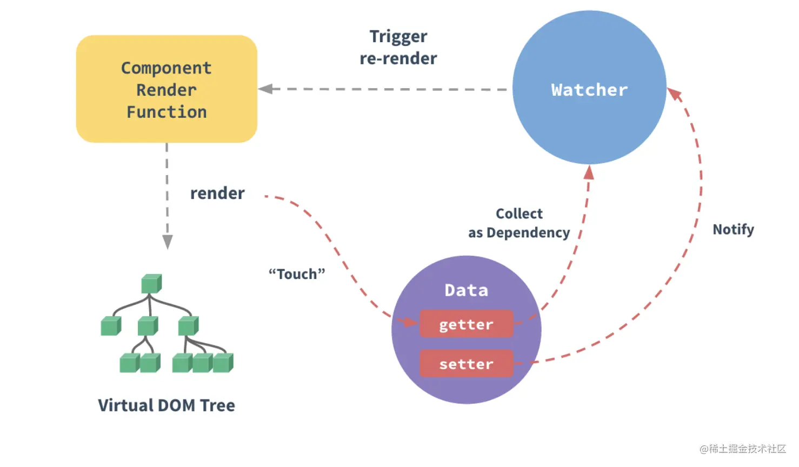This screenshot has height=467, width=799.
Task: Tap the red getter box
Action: pos(466,324)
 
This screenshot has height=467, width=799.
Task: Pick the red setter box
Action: pos(466,364)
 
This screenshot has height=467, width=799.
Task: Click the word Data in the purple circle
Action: pos(466,290)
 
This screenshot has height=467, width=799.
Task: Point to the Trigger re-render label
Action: pos(398,47)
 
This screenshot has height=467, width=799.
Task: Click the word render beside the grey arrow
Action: pos(217,193)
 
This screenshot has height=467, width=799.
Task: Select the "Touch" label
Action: pos(297,274)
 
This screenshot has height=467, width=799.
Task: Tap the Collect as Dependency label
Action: pos(519,223)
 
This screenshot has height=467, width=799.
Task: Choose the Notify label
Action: pos(733,229)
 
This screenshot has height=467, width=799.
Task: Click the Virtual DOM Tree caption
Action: pos(167,405)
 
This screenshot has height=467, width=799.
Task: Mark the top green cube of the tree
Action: pos(151,283)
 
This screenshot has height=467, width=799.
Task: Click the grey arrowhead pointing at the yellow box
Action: pos(265,89)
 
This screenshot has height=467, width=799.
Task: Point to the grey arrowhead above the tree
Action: pos(168,242)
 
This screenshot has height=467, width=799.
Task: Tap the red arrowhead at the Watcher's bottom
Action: pos(589,172)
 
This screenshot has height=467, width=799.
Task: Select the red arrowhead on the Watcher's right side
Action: pos(674,94)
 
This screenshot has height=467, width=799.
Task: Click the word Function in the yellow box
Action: pos(167,112)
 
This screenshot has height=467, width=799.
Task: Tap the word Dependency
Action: pos(528,232)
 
